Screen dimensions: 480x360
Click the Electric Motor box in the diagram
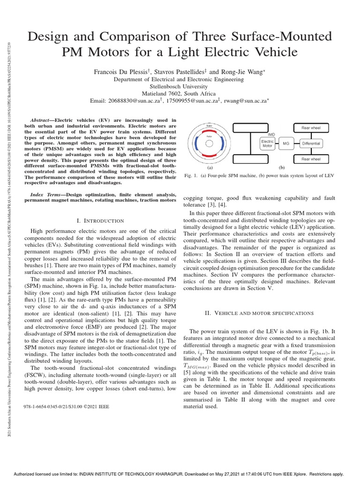267,143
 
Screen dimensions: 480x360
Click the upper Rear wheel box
311,127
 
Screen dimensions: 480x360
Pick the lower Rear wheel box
311,159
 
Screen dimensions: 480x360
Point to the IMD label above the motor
271,134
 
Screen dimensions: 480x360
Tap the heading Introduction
100,220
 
